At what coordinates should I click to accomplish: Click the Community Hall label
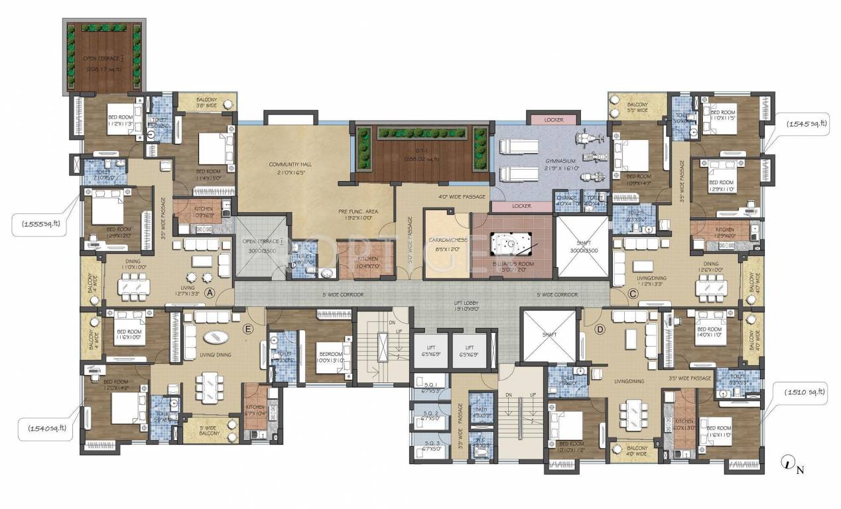pos(291,168)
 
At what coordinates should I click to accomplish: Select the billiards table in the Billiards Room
pos(510,247)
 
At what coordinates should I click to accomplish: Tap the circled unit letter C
pos(633,294)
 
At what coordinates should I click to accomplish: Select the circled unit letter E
pos(248,328)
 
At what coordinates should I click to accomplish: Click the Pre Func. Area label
pos(357,213)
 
